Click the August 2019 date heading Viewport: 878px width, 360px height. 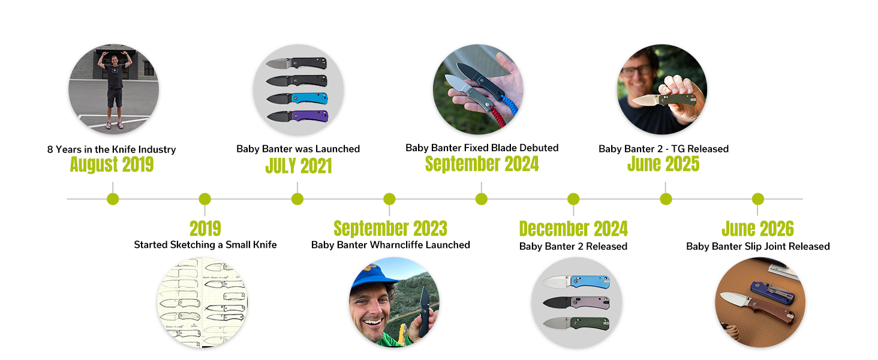[x=112, y=165]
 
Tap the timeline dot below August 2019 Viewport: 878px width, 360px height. [x=113, y=199]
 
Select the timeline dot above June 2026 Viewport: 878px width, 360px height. [x=757, y=199]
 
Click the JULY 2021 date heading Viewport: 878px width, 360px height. [x=298, y=166]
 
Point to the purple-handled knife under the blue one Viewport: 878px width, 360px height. [x=297, y=116]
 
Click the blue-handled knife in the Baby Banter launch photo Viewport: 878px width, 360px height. [x=297, y=98]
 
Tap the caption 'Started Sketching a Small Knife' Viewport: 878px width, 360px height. [x=205, y=245]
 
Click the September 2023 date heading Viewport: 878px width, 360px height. [x=390, y=228]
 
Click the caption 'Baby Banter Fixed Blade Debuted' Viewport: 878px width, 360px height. [x=482, y=148]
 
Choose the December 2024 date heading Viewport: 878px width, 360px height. [x=573, y=229]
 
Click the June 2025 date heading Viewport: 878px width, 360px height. [x=663, y=164]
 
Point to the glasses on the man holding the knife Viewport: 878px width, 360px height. [x=637, y=71]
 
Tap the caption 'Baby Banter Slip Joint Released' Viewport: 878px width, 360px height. [x=757, y=246]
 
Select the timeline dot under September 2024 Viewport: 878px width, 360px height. [x=482, y=199]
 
